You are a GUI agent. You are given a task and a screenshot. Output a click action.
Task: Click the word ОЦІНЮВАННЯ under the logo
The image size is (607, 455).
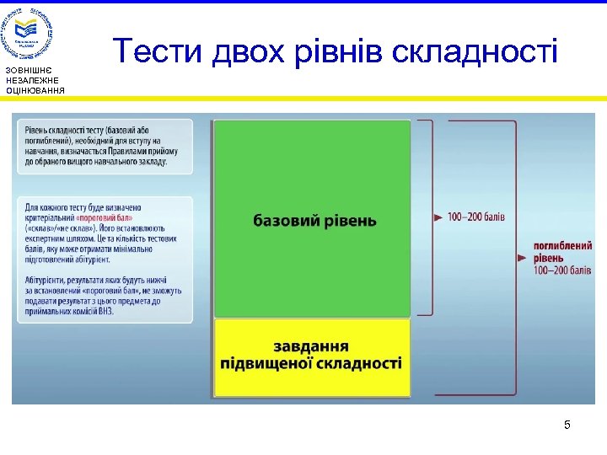click(x=35, y=89)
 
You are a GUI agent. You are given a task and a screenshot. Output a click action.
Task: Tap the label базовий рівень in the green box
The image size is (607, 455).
click(x=314, y=221)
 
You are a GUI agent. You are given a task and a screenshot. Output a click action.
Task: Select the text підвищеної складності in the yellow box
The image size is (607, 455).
click(x=311, y=364)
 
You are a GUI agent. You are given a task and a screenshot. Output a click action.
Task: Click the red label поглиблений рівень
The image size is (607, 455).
click(x=556, y=250)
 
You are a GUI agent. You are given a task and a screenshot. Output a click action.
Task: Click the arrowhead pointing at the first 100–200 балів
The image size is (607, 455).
click(x=438, y=217)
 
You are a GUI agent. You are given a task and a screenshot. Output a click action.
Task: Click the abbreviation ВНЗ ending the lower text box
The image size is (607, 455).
click(x=105, y=311)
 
